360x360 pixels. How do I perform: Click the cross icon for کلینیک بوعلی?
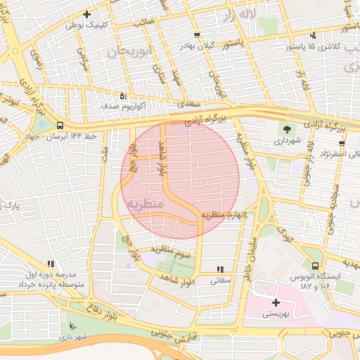86,14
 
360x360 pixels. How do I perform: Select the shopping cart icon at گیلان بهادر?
197,34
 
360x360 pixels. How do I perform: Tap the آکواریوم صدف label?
118,105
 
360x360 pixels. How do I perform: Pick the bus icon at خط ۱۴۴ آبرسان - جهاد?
60,126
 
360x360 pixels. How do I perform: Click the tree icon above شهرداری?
287,128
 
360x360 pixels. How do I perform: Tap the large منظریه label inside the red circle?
146,203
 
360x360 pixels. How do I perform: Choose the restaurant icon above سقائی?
220,269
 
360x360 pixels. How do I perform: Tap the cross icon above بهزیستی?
276,302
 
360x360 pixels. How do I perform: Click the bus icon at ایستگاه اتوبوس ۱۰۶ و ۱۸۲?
315,266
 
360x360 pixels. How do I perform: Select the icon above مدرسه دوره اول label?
50,263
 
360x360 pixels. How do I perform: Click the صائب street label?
144,22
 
